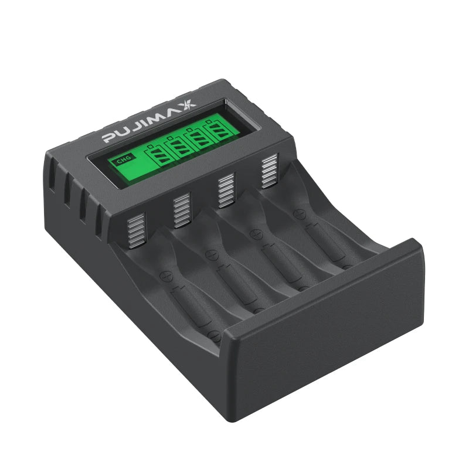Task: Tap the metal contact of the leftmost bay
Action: (x=136, y=230)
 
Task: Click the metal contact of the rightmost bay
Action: (x=269, y=172)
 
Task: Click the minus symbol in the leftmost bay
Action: (x=215, y=336)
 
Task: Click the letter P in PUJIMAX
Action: (x=110, y=138)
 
